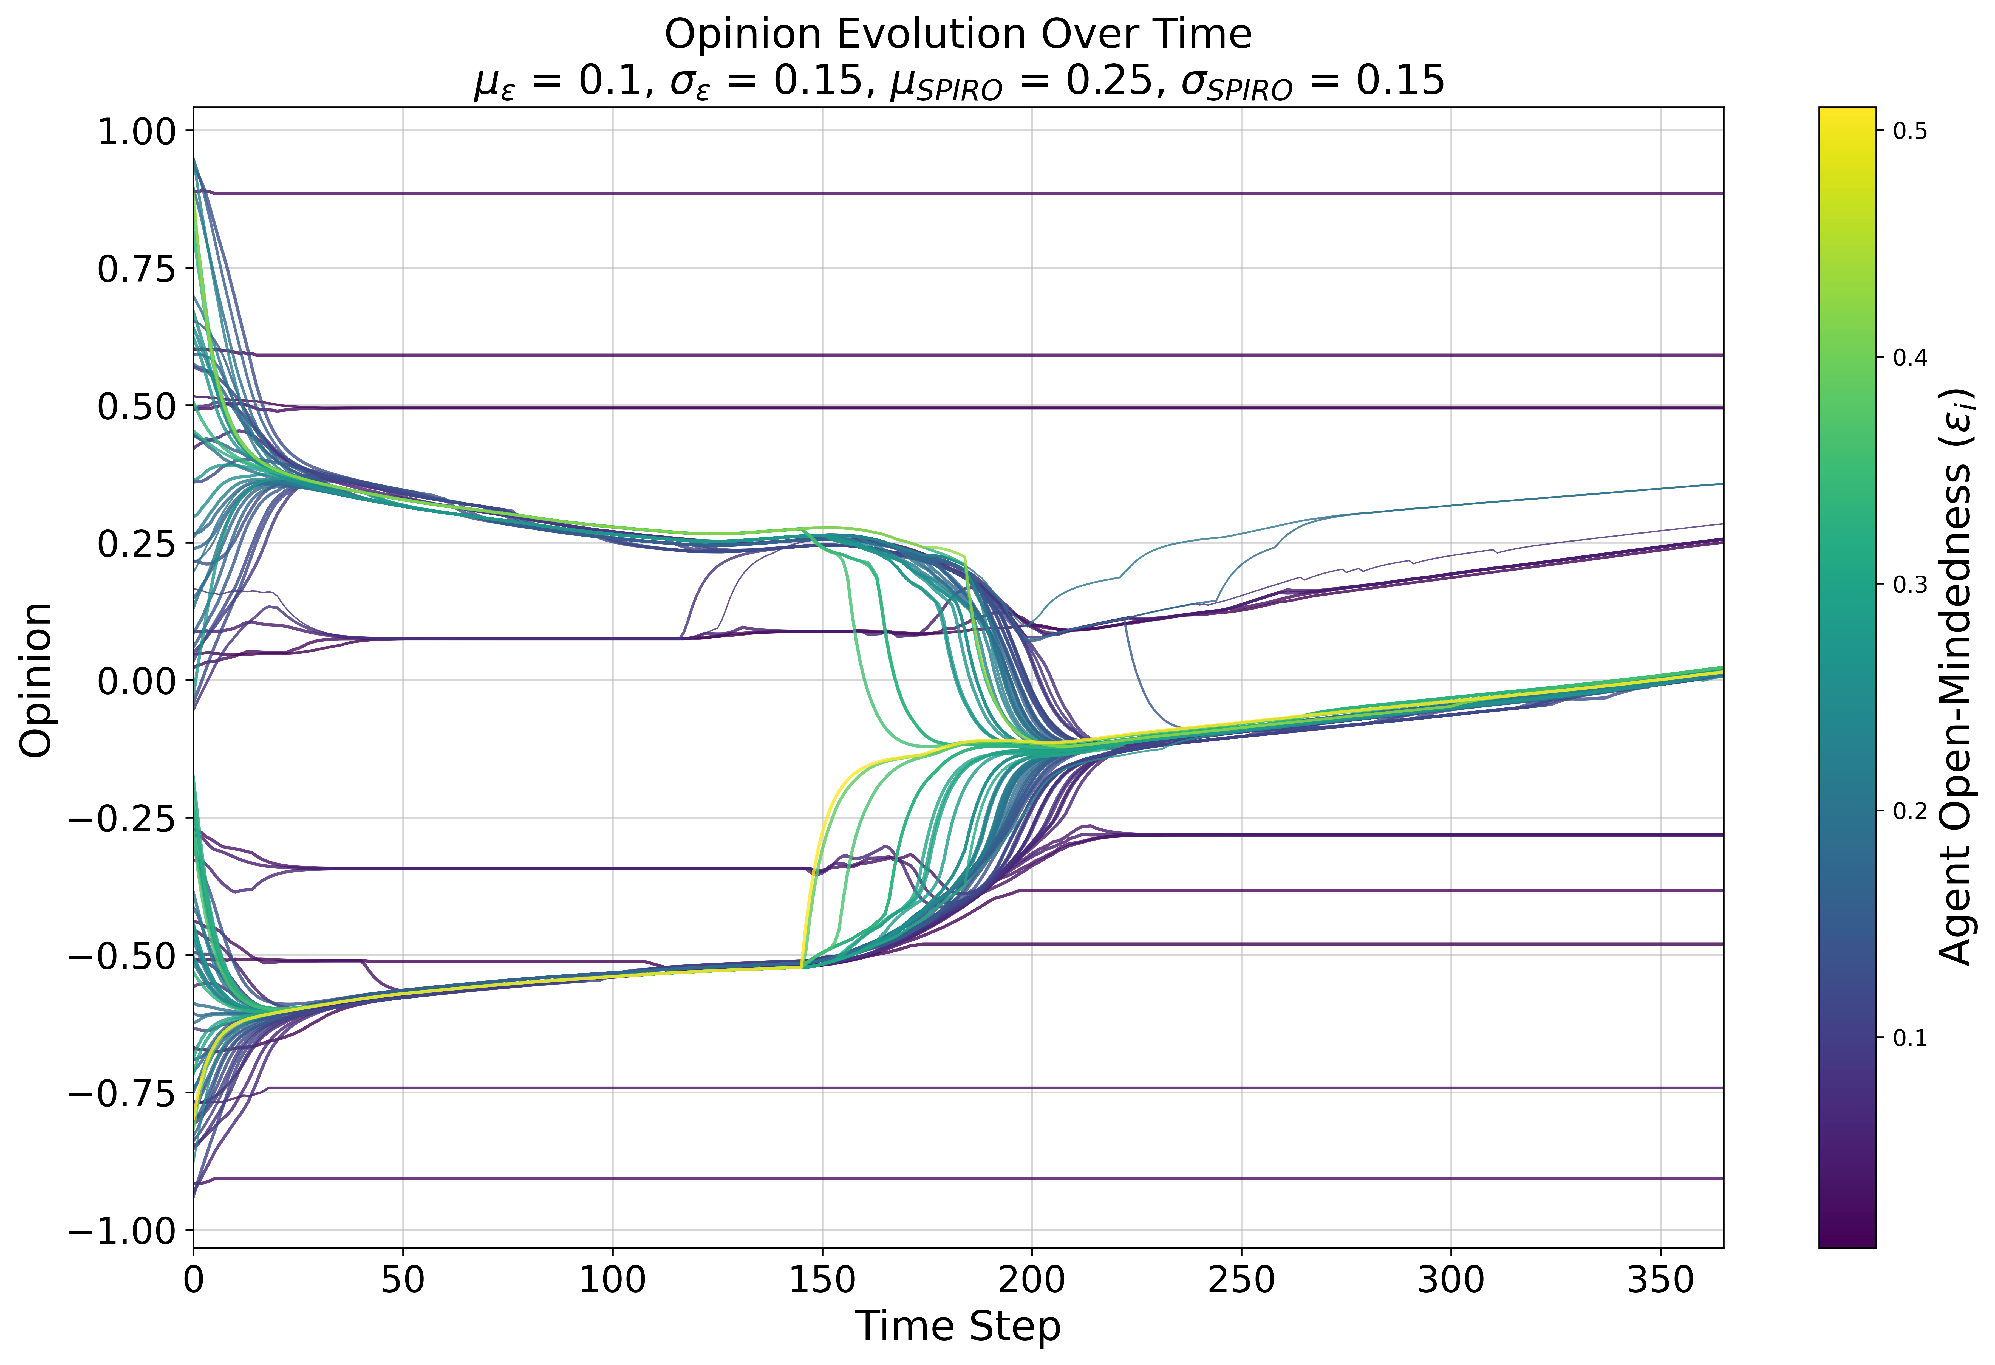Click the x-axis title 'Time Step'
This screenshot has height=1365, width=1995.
[x=958, y=1326]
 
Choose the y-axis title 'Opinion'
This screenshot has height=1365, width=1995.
[x=36, y=680]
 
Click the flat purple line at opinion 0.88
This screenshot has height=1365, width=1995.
[x=944, y=194]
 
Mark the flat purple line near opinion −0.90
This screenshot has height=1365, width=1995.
[x=944, y=1179]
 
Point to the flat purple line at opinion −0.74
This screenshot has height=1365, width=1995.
[x=944, y=1088]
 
